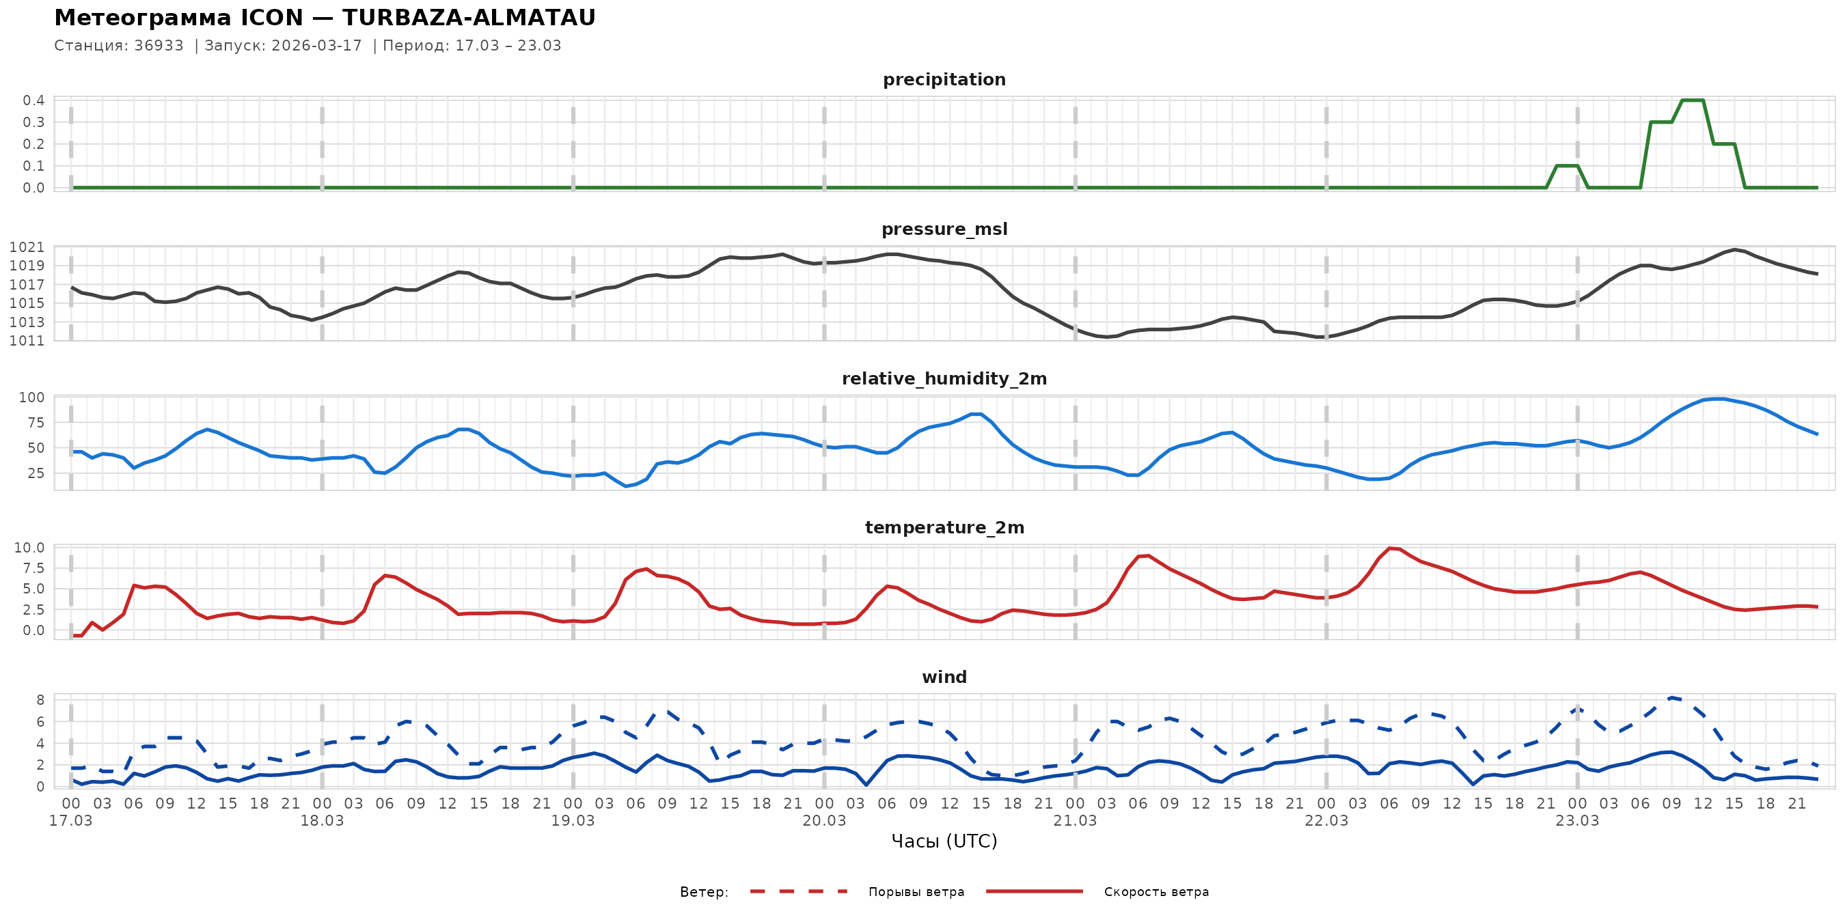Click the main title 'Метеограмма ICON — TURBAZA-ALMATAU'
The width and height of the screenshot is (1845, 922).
[x=325, y=18]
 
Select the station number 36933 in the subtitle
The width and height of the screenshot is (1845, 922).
[x=159, y=46]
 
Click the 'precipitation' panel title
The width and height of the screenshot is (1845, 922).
[x=943, y=79]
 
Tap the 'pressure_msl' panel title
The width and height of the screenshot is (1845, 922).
[x=943, y=229]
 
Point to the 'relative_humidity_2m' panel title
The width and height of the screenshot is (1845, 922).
[x=943, y=378]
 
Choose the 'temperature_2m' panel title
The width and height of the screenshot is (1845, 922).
[x=943, y=527]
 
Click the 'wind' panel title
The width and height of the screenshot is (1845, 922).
[x=943, y=677]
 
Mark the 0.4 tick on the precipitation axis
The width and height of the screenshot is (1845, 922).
[x=33, y=100]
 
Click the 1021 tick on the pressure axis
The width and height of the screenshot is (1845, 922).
[x=27, y=247]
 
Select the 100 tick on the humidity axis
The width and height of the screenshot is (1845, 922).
[x=31, y=397]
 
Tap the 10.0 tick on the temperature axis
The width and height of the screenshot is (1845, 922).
[x=29, y=548]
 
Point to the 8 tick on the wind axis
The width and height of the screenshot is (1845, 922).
[x=40, y=700]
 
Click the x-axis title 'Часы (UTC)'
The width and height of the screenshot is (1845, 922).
[x=943, y=841]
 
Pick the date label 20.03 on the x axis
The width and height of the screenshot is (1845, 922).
[x=823, y=821]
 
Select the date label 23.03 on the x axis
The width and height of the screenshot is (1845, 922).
[x=1576, y=821]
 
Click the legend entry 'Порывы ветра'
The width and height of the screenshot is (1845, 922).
[x=916, y=892]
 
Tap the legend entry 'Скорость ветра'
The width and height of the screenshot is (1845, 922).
[x=1156, y=892]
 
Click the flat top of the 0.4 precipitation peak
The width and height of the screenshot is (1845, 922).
[x=1692, y=100]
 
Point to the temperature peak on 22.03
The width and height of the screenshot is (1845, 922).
[x=1390, y=548]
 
